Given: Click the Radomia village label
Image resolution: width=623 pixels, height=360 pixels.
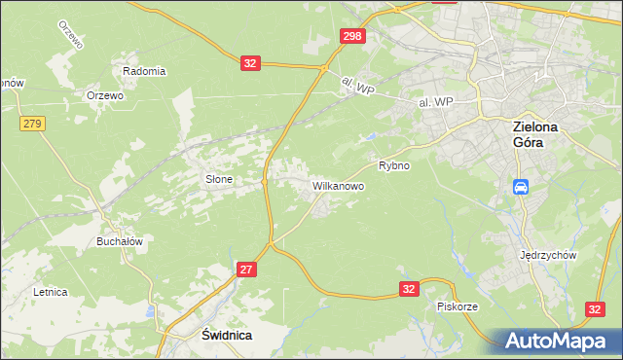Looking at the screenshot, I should point(144,71).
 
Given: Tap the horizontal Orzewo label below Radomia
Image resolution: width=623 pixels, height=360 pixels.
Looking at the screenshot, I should point(104,95).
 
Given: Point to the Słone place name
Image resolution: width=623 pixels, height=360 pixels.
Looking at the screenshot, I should point(218,179).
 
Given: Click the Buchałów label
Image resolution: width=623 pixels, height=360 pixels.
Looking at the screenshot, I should point(120,241).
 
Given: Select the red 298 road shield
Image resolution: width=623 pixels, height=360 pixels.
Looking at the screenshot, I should point(352,36).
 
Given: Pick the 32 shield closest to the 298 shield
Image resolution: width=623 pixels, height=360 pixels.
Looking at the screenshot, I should point(250,63).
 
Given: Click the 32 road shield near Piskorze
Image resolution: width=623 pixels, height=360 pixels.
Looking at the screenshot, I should point(410,289).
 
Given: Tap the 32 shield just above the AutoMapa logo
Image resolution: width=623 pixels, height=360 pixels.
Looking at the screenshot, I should point(596,308).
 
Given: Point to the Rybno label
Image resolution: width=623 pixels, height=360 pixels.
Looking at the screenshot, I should point(394,165).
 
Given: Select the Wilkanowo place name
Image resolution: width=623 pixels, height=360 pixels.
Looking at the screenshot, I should point(338,185).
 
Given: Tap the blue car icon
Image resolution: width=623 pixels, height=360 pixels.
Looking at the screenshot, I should point(521,186).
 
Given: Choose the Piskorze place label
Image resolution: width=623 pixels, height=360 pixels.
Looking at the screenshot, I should point(457,306).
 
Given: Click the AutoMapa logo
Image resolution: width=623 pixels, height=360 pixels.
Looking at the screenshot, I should point(562,341).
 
